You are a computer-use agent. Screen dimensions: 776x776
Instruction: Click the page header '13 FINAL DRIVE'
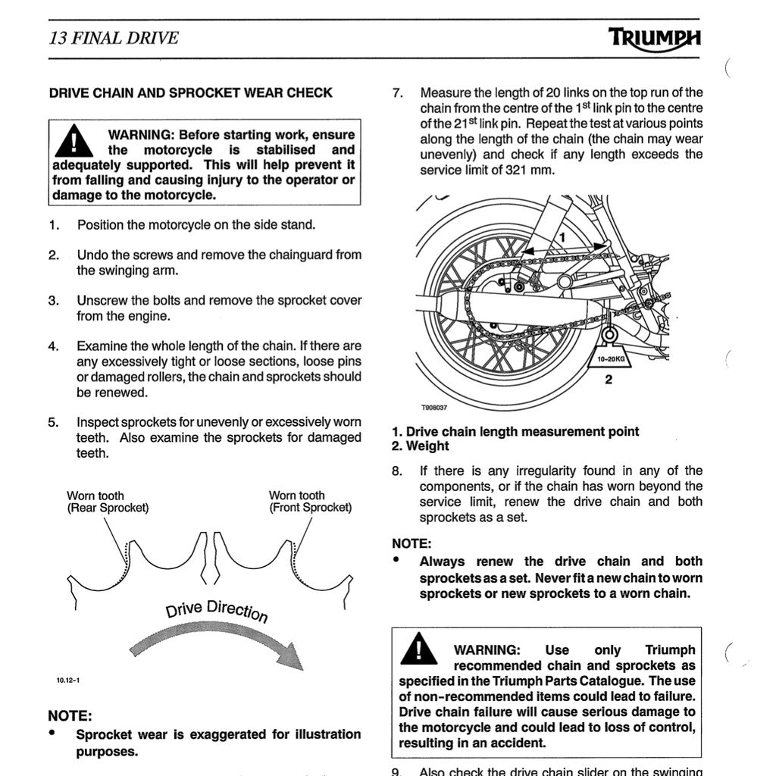click(x=114, y=38)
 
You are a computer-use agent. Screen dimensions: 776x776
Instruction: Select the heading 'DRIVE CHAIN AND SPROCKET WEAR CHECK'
click(x=190, y=93)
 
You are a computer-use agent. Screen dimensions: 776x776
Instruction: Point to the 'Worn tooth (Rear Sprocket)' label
click(x=108, y=502)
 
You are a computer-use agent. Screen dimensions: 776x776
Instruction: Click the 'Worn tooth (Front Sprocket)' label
click(x=310, y=502)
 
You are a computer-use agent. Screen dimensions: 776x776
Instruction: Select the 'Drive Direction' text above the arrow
click(x=217, y=610)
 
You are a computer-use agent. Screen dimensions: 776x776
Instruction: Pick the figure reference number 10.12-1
click(x=67, y=680)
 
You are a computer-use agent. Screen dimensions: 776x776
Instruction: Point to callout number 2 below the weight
click(x=609, y=380)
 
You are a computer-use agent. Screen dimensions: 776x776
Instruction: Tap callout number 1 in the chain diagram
click(x=562, y=237)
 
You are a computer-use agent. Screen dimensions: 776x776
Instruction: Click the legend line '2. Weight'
click(x=421, y=446)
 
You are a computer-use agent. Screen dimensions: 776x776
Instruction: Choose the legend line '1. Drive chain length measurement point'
click(x=515, y=431)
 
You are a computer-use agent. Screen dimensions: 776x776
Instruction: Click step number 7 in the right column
click(x=397, y=93)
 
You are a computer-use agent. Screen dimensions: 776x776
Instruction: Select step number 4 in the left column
click(x=54, y=346)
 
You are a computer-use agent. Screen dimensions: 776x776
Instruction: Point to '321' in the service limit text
click(x=518, y=171)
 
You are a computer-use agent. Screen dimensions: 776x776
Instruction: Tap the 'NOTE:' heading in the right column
click(x=411, y=543)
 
